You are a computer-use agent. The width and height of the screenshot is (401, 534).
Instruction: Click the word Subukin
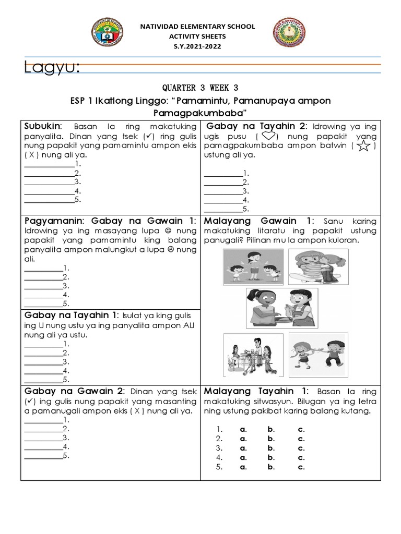click(x=43, y=126)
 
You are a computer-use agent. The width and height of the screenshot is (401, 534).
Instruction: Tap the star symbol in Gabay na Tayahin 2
click(x=364, y=146)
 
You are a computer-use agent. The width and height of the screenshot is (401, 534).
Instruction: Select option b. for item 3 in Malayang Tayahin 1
click(x=271, y=448)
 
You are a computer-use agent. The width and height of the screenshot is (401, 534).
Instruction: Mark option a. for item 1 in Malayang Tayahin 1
click(x=243, y=429)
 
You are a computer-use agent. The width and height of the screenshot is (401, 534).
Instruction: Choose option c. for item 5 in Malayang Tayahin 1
click(x=301, y=467)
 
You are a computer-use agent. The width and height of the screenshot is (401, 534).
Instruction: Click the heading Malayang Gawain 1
click(x=259, y=221)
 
